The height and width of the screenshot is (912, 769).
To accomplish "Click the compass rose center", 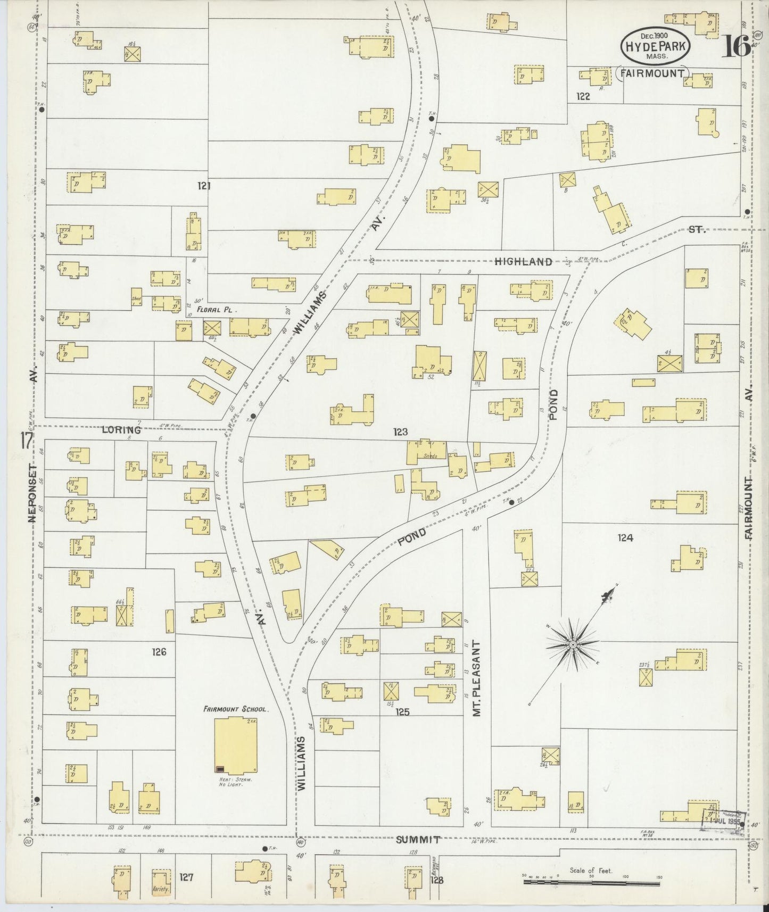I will [573, 645].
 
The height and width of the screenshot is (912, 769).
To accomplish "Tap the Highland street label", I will [523, 261].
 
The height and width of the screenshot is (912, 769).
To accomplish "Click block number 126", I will [159, 652].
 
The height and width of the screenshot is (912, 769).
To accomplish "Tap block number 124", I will [625, 538].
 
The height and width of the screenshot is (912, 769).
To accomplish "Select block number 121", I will [204, 186].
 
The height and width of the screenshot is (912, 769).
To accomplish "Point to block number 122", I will [583, 96].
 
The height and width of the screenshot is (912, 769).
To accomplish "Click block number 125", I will [403, 711].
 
